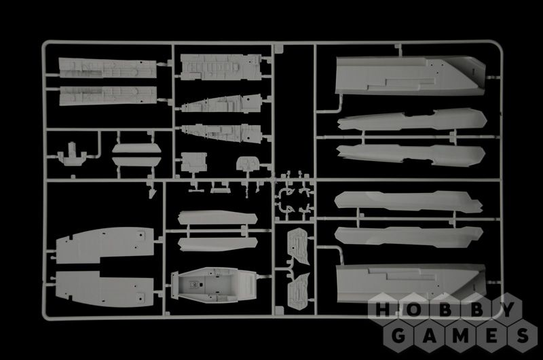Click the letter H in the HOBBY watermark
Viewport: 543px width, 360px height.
pos(383,310)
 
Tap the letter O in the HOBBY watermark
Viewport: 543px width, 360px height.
pos(413,310)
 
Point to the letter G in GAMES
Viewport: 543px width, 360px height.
pos(398,336)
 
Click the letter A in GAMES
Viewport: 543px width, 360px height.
pos(430,336)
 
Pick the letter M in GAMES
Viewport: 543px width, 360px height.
pos(461,336)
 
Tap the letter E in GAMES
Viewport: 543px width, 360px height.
pos(491,336)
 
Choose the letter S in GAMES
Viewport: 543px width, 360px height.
pos(523,336)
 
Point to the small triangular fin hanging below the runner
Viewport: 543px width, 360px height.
pos(152,194)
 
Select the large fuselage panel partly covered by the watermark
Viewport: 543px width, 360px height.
pos(411,283)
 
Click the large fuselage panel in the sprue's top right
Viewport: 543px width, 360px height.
pos(411,76)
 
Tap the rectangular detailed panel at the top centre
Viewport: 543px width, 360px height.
pos(221,67)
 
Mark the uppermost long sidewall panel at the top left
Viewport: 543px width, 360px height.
pos(108,68)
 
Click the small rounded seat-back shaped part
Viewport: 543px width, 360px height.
pos(248,164)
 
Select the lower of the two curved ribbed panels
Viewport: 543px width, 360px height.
pos(299,290)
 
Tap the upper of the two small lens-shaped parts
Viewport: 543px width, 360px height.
pos(136,148)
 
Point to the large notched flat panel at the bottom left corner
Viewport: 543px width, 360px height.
pos(105,289)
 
